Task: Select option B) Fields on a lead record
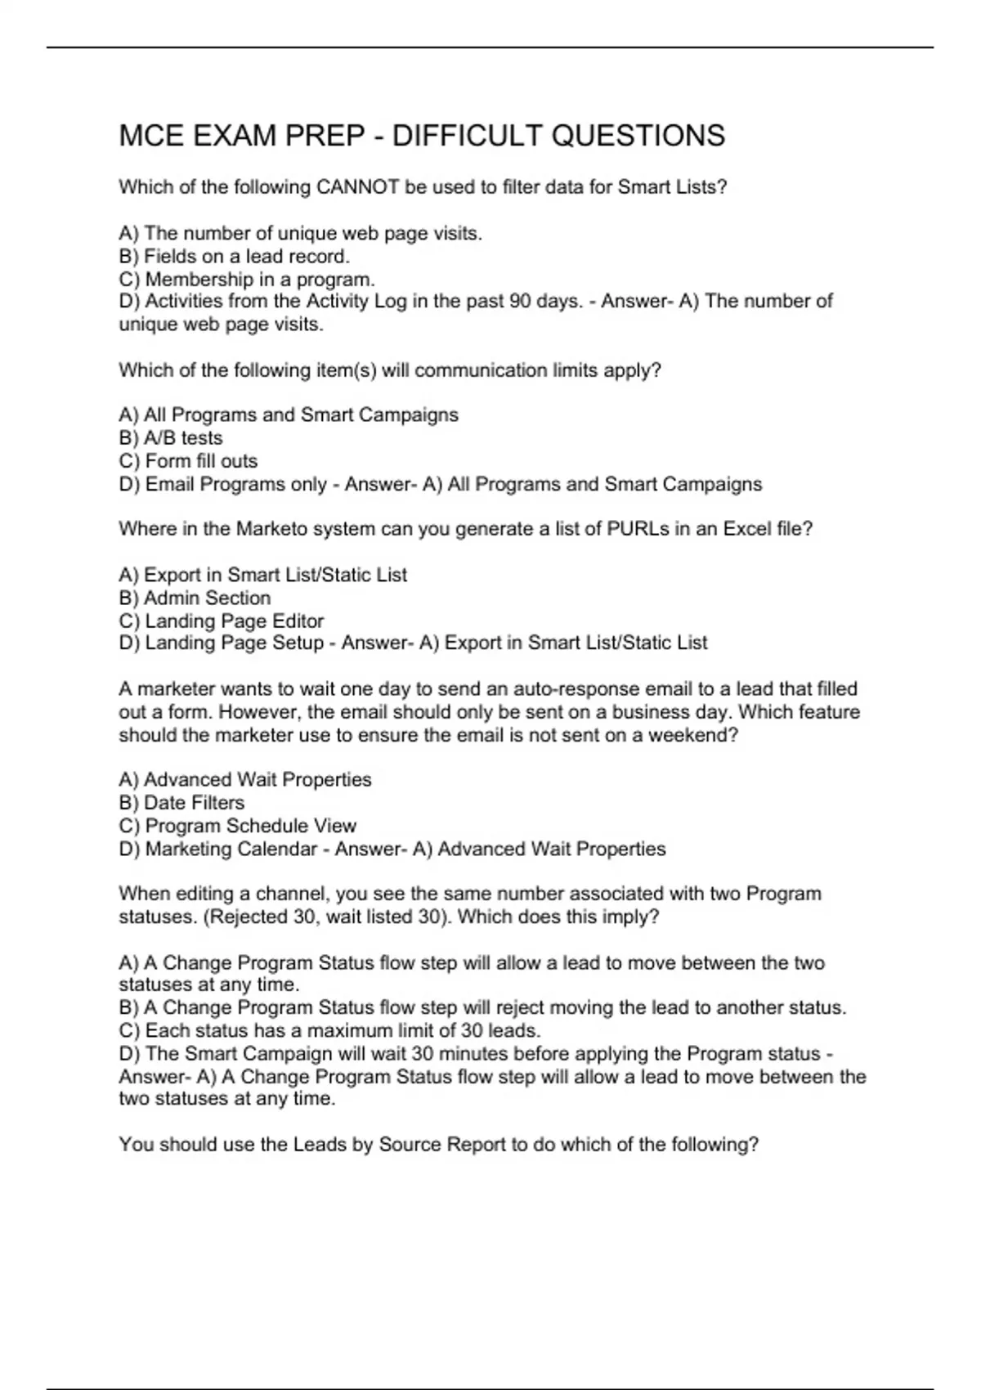pyautogui.click(x=234, y=256)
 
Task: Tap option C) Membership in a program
pyautogui.click(x=247, y=279)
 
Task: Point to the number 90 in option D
pyautogui.click(x=519, y=301)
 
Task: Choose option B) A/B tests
pyautogui.click(x=171, y=438)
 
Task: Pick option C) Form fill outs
pyautogui.click(x=188, y=461)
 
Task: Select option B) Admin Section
pyautogui.click(x=195, y=598)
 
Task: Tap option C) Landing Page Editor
pyautogui.click(x=222, y=621)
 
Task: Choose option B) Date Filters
pyautogui.click(x=181, y=803)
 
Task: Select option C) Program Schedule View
pyautogui.click(x=238, y=826)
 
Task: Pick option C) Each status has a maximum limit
pyautogui.click(x=329, y=1030)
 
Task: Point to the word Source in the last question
pyautogui.click(x=411, y=1144)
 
